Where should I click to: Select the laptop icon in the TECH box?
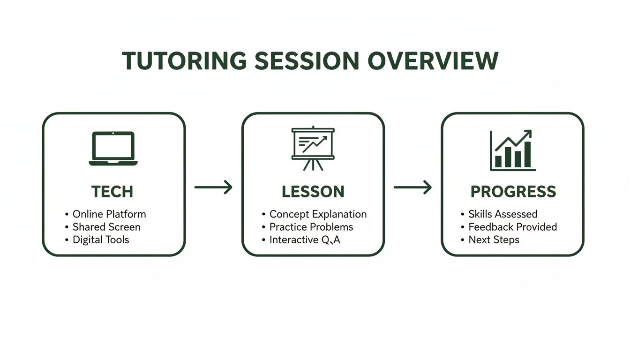(113, 148)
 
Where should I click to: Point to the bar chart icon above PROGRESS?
(512, 150)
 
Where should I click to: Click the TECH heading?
(112, 192)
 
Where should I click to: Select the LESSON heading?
(313, 192)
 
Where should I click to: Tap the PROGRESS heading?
(513, 192)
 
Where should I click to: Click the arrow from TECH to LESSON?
(213, 187)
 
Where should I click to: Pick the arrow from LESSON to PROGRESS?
(412, 187)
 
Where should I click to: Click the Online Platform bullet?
(109, 214)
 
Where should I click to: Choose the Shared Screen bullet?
(106, 227)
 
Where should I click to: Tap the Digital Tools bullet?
(100, 240)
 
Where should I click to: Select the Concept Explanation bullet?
(317, 214)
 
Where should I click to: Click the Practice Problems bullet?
(311, 227)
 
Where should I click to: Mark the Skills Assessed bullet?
(502, 214)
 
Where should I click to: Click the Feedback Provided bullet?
(512, 227)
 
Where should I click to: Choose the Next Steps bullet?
(494, 240)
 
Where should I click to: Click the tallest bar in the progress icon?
(527, 154)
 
